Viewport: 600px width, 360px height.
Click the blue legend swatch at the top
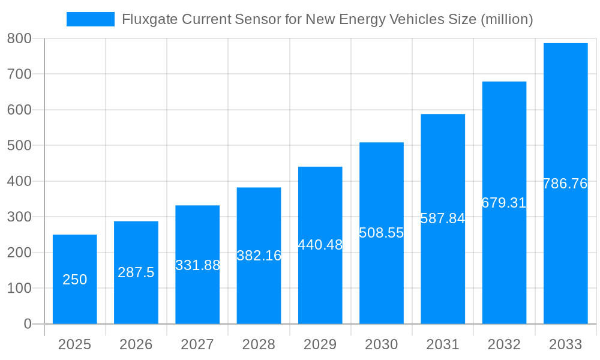click(x=90, y=19)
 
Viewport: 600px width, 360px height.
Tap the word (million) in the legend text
click(x=506, y=19)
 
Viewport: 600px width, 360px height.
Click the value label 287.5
click(x=136, y=272)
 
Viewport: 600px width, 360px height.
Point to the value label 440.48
click(x=320, y=245)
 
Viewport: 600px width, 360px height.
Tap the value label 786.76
click(x=565, y=184)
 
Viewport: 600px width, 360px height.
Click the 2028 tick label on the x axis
click(x=259, y=344)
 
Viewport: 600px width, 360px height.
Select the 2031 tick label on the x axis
click(x=443, y=344)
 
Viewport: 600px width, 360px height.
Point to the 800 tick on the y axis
click(x=19, y=38)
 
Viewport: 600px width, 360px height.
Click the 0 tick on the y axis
click(x=28, y=324)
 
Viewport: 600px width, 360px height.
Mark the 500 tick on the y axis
click(x=19, y=145)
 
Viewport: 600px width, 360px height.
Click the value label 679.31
click(x=504, y=203)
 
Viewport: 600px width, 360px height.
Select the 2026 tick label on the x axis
click(x=136, y=344)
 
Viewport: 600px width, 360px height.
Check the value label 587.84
click(x=443, y=218)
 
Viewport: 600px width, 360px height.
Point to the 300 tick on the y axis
click(x=19, y=217)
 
